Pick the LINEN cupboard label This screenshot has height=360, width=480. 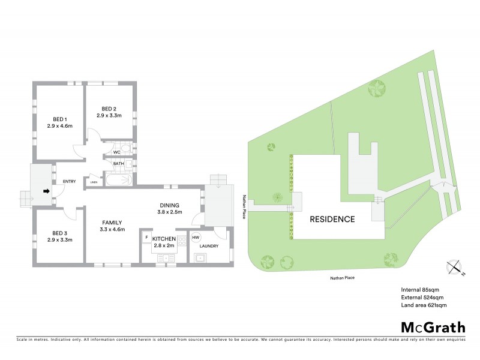tap(94, 183)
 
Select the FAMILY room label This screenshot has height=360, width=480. tap(112, 221)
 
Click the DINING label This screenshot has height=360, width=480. tap(169, 205)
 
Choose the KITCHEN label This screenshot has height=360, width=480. tap(164, 239)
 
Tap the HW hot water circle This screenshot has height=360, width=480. tap(196, 238)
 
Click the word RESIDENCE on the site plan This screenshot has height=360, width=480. tap(332, 219)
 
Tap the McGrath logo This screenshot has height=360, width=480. tap(432, 327)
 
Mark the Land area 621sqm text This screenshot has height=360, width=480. tap(424, 305)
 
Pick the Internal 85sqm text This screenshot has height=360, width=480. tap(420, 290)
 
